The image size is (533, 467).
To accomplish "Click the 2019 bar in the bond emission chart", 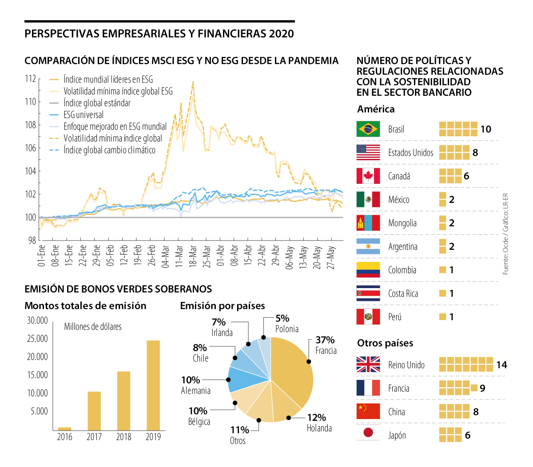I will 153,385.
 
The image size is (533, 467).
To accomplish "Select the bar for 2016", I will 65,429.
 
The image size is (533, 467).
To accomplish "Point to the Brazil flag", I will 368,129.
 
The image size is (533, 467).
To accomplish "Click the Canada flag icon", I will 368,176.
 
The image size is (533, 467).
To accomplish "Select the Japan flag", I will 368,433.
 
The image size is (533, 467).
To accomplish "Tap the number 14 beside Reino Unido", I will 501,365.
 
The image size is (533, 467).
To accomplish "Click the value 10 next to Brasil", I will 485,129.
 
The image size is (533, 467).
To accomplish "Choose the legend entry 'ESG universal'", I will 84,115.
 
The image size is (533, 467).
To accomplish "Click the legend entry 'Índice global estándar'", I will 97,103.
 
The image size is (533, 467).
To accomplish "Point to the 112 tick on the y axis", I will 31,79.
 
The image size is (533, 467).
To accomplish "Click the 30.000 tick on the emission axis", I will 37,321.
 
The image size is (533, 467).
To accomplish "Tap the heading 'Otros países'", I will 385,343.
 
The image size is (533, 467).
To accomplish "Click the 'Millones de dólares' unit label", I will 93,327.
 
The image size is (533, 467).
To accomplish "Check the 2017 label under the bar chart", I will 94,437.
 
